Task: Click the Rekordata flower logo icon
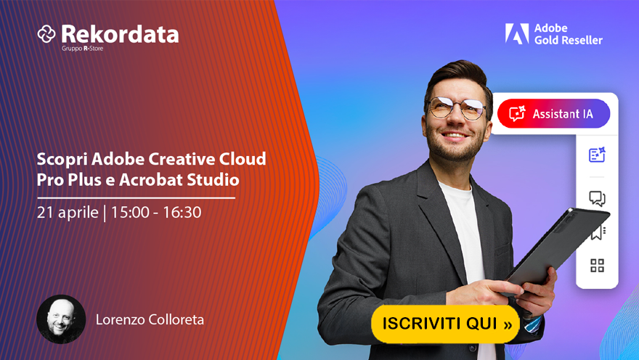(x=46, y=34)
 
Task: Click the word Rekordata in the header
(x=120, y=34)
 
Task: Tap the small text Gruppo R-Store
(x=82, y=49)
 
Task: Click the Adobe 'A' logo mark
(x=517, y=33)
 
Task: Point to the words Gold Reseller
(x=568, y=40)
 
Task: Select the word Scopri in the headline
(x=62, y=159)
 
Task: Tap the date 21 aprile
(x=68, y=212)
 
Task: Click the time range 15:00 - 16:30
(x=156, y=212)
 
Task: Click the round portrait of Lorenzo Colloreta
(x=61, y=319)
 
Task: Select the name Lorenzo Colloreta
(x=150, y=319)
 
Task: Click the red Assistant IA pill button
(x=553, y=114)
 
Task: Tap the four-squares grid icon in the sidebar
(x=597, y=266)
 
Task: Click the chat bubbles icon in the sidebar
(x=597, y=198)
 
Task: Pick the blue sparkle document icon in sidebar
(x=597, y=155)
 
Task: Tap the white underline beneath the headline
(x=136, y=198)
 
